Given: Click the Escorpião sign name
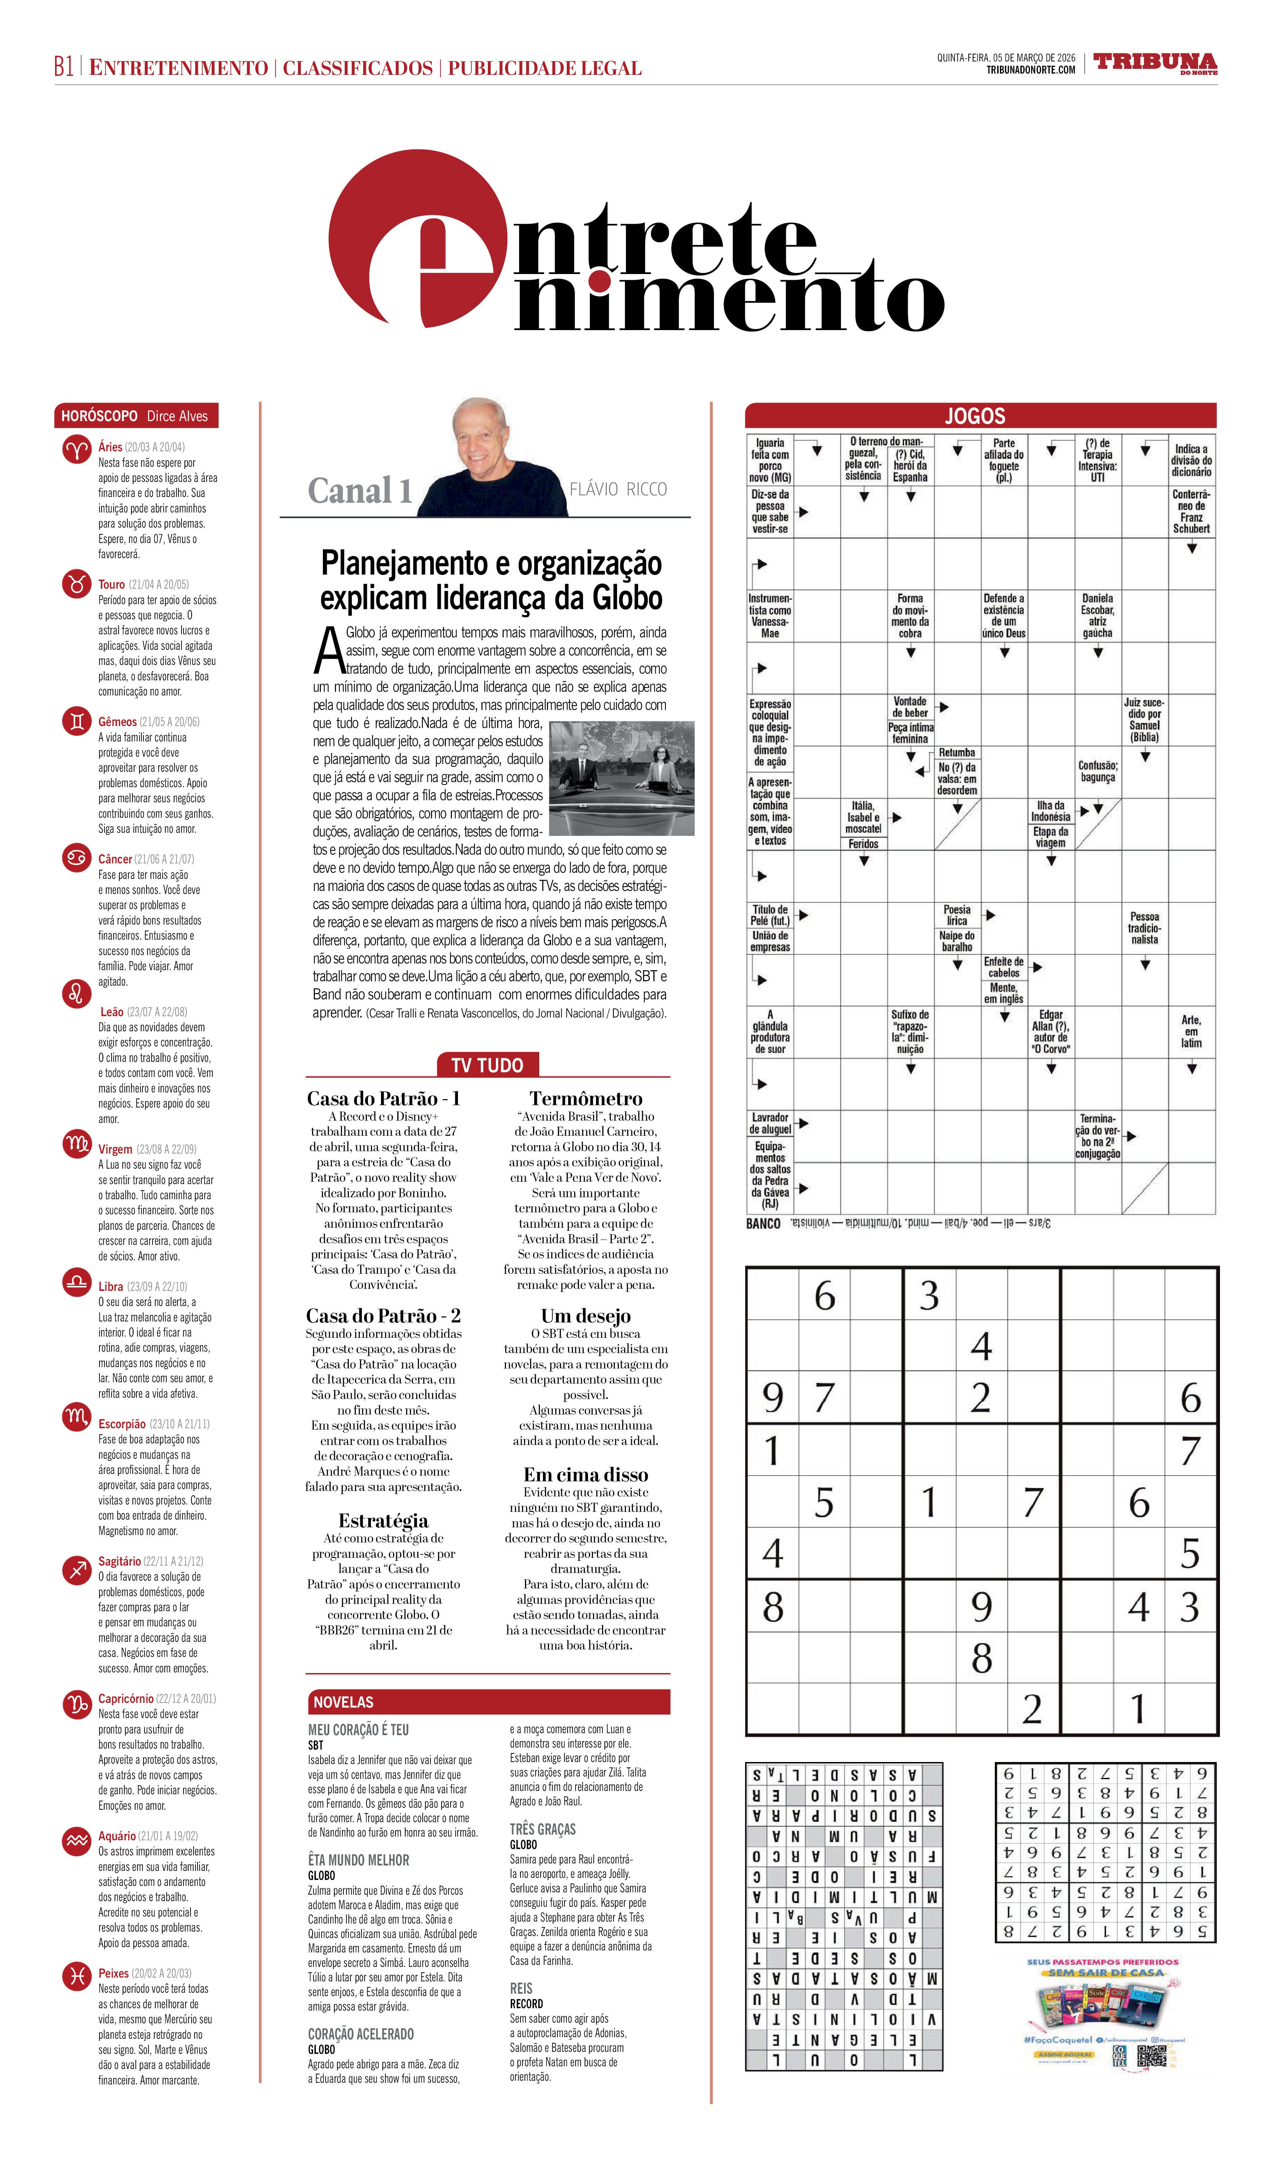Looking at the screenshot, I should [122, 1424].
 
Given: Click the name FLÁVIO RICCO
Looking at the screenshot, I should [618, 489].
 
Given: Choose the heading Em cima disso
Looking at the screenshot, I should [586, 1474].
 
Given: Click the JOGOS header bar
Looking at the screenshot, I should [980, 416].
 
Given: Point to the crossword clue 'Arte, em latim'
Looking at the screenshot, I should [1191, 1031].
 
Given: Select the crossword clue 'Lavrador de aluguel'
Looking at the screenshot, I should [770, 1123].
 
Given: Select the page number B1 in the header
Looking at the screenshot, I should [63, 67].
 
